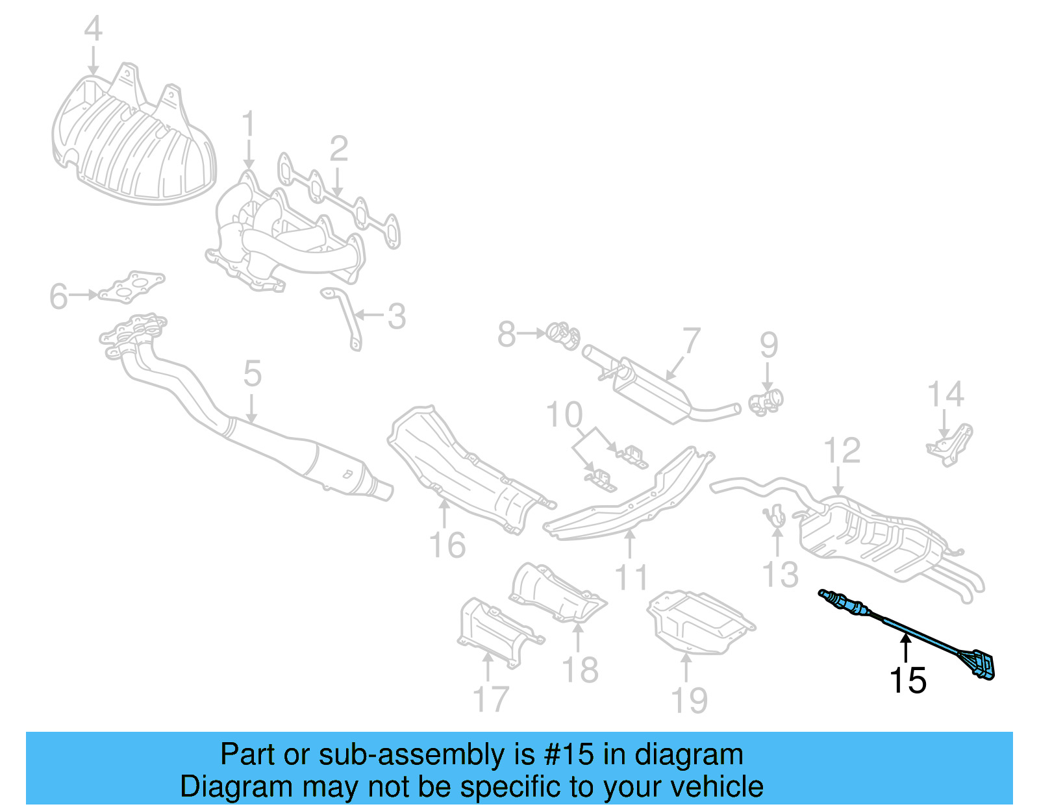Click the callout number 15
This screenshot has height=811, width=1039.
tap(907, 680)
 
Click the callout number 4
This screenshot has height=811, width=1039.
tap(94, 30)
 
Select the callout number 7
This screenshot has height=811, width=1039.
tap(692, 341)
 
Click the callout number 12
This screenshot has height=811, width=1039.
tap(842, 451)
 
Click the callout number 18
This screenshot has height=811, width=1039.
tap(580, 669)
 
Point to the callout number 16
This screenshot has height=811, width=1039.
tap(447, 545)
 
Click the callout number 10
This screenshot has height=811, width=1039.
tap(564, 415)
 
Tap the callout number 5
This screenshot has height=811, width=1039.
tap(253, 374)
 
